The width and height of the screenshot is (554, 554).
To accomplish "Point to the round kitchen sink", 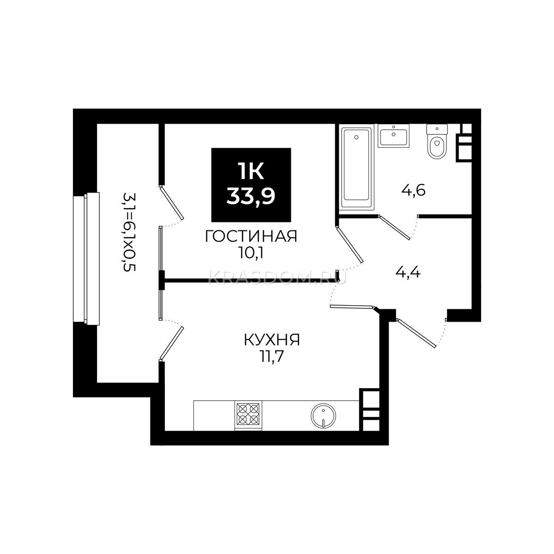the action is (323, 416).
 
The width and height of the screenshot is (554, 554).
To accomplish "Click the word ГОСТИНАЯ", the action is (251, 237).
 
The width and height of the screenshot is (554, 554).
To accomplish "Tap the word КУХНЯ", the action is (271, 340).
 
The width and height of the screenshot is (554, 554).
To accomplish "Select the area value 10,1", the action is (251, 253).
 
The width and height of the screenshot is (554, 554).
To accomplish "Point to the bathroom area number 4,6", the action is (413, 190).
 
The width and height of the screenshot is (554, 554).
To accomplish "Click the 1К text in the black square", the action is (251, 172).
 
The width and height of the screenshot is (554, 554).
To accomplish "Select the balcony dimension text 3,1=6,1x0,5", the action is (129, 232).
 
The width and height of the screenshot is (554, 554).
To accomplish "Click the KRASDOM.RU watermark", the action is (277, 278).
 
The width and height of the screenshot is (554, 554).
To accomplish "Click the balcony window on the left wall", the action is (86, 259).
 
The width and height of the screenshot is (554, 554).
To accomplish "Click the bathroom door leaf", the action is (394, 227).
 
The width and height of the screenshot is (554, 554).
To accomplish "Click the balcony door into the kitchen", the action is (172, 343).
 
